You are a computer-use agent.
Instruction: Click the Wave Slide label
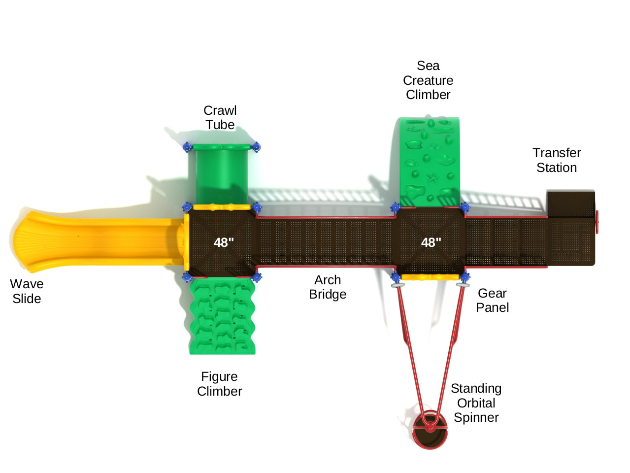pos(27,291)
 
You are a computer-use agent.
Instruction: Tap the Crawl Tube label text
pos(220,118)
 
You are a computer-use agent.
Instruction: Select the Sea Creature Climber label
pos(428,80)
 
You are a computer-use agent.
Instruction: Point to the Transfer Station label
pos(557,160)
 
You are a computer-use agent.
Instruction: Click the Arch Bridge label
pos(328,287)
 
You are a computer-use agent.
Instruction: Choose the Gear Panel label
pos(492,301)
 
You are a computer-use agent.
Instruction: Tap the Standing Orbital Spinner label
pos(476,403)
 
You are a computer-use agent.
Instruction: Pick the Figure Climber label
pos(219,384)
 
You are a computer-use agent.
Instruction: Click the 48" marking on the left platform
pos(224,242)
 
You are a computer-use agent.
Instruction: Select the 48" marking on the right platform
pos(431,242)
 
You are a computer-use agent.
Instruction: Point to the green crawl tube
pos(221,175)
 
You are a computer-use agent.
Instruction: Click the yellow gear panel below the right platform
pos(430,277)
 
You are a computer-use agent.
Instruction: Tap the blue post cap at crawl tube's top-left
pos(187,147)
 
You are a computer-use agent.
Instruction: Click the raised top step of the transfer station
pos(570,204)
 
